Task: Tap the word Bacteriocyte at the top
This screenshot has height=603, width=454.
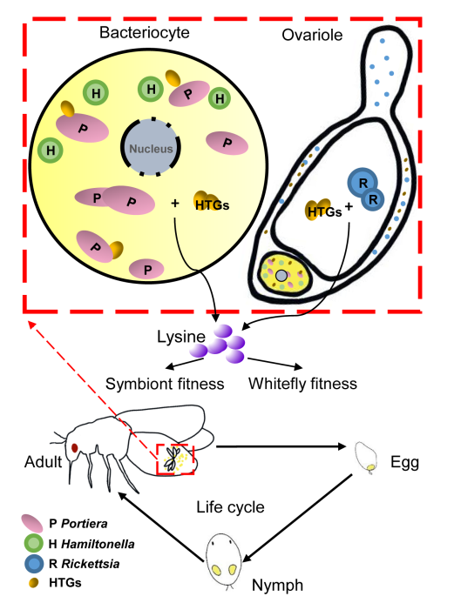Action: [x=145, y=32]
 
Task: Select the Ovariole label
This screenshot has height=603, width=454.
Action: [x=312, y=35]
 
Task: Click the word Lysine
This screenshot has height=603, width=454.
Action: [x=181, y=337]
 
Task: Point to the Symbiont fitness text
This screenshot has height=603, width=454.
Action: [x=165, y=384]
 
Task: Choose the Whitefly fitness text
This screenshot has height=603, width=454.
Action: [x=302, y=384]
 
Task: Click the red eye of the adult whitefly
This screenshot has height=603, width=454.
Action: [x=75, y=447]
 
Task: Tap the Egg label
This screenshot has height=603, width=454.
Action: [x=404, y=462]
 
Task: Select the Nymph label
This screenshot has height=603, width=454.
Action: [x=277, y=586]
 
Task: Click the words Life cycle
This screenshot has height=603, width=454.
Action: [x=230, y=507]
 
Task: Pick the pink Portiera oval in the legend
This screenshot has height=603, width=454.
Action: [x=32, y=524]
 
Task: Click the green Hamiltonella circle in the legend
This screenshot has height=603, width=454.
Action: [x=34, y=543]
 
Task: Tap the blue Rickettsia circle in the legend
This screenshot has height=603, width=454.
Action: [x=34, y=563]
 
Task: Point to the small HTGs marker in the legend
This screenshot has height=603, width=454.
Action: [x=34, y=583]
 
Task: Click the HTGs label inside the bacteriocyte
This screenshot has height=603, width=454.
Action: [x=212, y=205]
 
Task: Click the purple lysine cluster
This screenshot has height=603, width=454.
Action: [x=219, y=344]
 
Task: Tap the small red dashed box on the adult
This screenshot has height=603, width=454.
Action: [x=175, y=459]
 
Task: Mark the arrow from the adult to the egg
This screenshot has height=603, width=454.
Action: [x=281, y=446]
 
